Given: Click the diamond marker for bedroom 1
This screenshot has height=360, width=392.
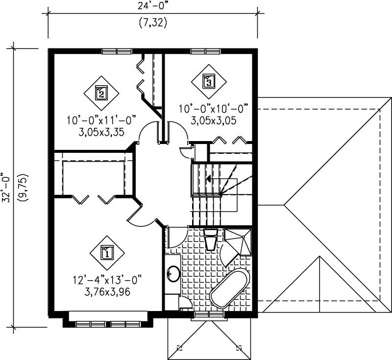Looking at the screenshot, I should [x=107, y=253].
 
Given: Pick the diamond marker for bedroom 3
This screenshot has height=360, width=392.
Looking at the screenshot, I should [x=208, y=81].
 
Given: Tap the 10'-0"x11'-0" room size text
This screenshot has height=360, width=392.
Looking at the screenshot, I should [x=101, y=120].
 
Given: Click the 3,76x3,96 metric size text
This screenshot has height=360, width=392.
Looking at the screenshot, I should [x=106, y=293].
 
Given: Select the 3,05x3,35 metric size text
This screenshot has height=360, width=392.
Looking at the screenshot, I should [x=101, y=131].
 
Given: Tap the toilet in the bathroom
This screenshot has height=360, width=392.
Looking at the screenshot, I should [x=211, y=240].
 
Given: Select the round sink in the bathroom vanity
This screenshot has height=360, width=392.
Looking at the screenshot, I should [x=173, y=273].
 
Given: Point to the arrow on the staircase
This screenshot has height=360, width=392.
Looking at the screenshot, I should [x=209, y=179].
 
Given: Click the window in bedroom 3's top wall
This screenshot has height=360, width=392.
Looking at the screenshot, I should [x=205, y=51].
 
